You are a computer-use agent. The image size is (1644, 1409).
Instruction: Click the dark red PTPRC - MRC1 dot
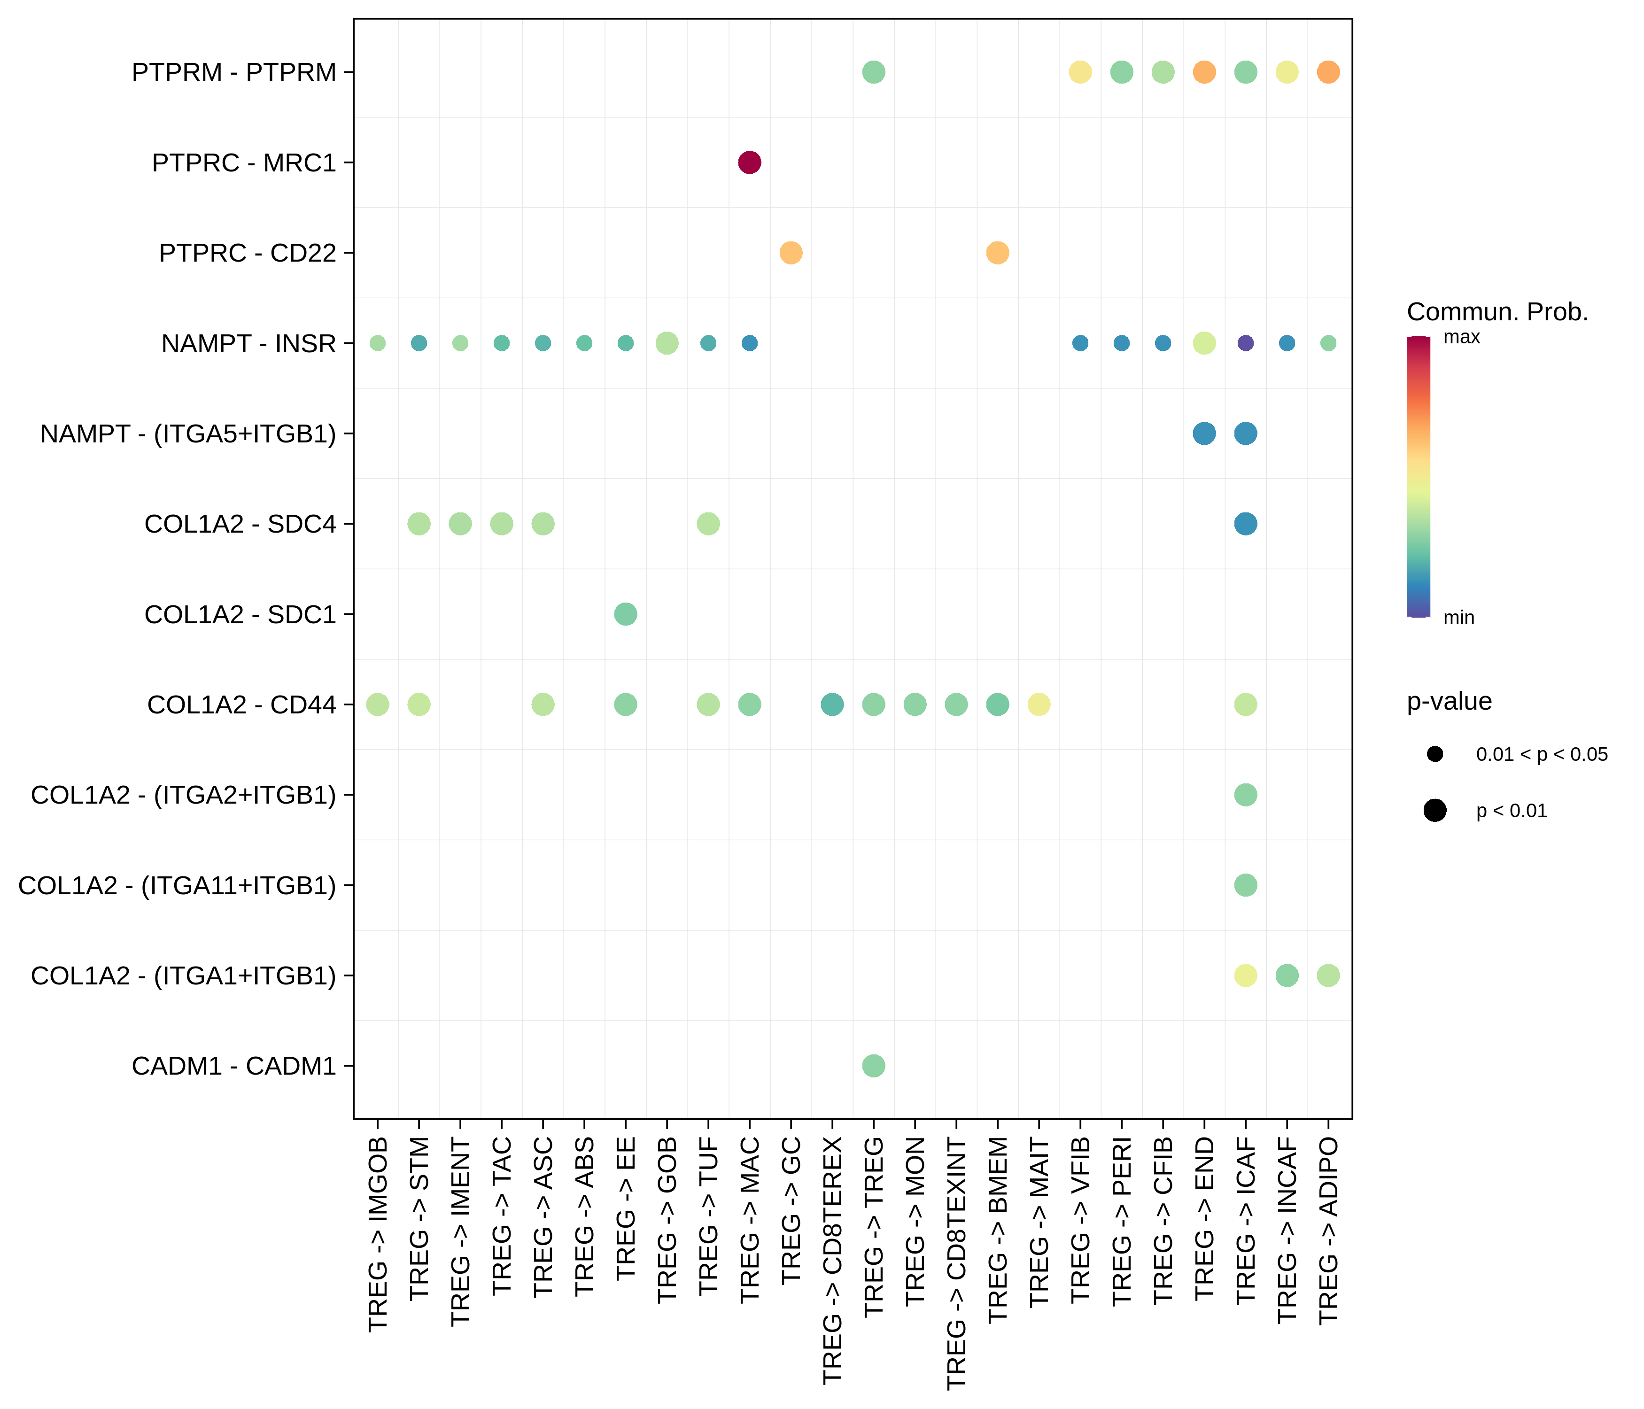(x=749, y=163)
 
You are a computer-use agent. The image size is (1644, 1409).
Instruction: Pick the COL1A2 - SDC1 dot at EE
(x=625, y=614)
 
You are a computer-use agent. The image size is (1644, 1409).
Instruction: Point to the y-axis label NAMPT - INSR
(x=248, y=343)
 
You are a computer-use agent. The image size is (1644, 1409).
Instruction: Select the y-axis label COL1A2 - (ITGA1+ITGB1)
(x=183, y=975)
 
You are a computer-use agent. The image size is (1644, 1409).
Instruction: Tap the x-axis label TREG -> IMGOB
(x=378, y=1234)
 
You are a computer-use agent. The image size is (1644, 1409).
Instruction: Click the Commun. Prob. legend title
(x=1497, y=312)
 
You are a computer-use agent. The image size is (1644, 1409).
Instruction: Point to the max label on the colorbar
(x=1461, y=337)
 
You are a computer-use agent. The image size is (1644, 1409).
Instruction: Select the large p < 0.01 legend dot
(x=1435, y=810)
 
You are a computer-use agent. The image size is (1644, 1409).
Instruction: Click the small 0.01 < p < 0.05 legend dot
(x=1435, y=754)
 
